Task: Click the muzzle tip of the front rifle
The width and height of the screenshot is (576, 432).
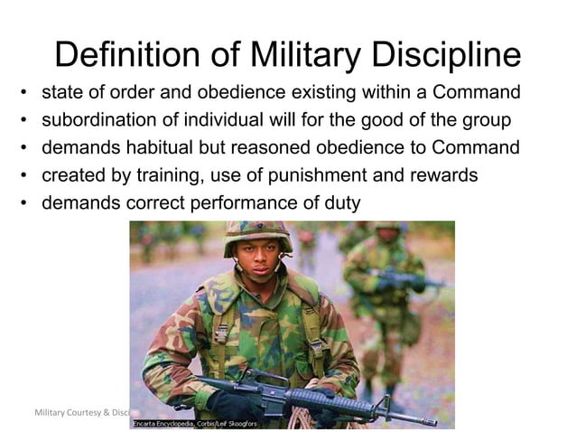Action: click(x=432, y=420)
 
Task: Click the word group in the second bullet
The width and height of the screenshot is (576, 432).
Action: click(x=487, y=120)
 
